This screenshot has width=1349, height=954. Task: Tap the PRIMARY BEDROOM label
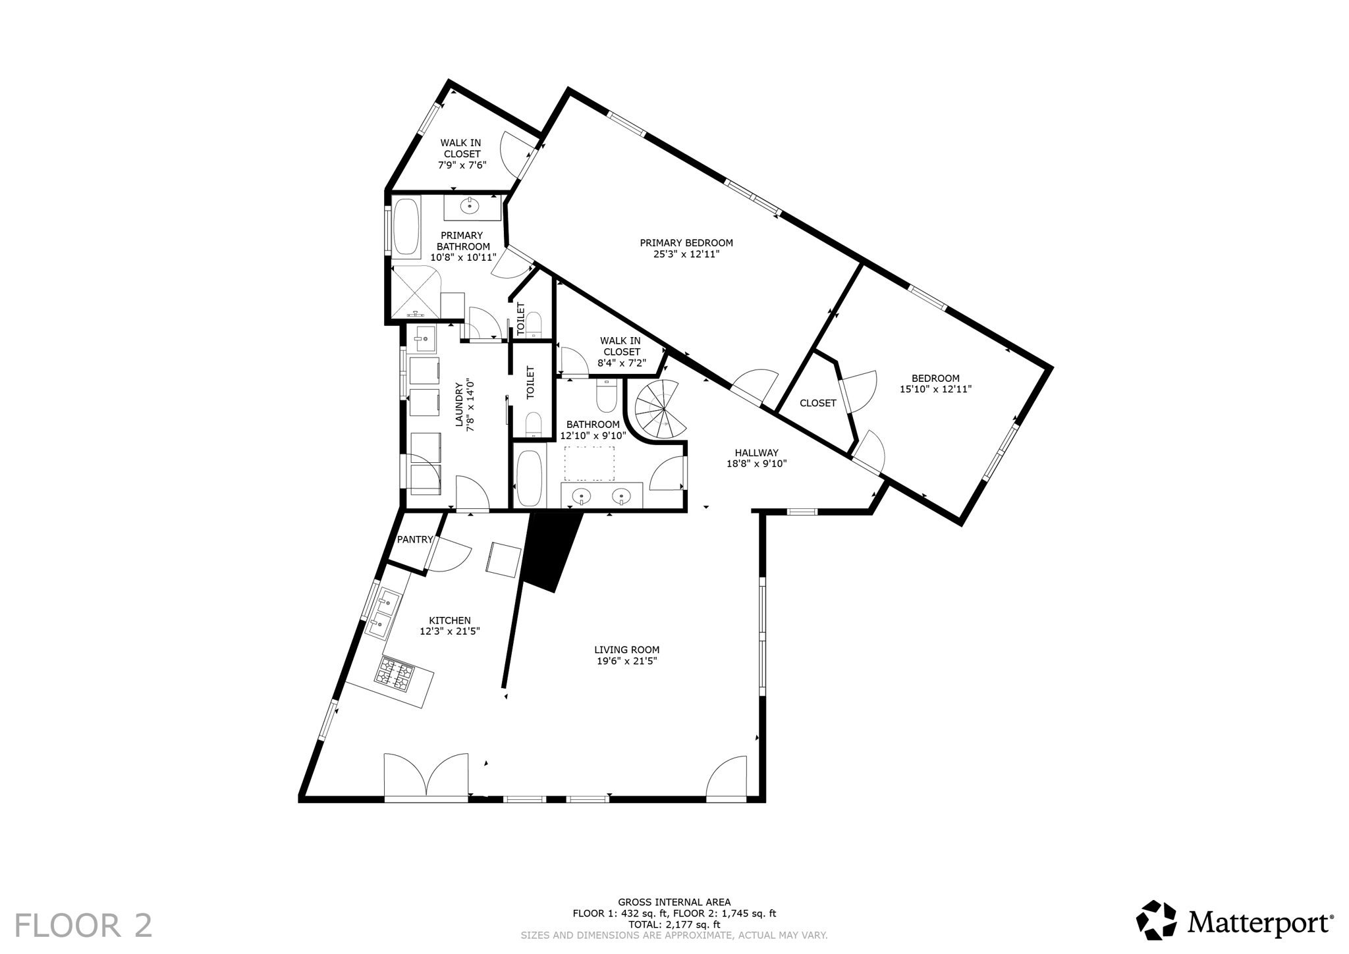click(686, 243)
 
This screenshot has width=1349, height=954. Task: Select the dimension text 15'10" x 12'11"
click(935, 389)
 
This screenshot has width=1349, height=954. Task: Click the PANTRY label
click(414, 539)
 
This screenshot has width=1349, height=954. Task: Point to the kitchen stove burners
click(395, 674)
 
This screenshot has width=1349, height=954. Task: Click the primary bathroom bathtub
click(406, 228)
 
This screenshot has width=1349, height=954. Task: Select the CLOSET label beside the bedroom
click(817, 403)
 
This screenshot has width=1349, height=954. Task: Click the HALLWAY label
click(756, 452)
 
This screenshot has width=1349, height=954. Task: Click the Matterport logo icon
click(1156, 920)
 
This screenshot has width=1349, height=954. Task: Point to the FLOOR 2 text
click(84, 925)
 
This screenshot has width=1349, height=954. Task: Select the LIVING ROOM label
click(626, 650)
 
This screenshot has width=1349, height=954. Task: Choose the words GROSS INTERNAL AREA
click(674, 902)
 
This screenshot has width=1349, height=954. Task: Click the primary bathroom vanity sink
click(470, 206)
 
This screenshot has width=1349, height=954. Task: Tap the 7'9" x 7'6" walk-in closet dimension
click(462, 165)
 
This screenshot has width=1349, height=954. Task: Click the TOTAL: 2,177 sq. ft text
click(674, 924)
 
